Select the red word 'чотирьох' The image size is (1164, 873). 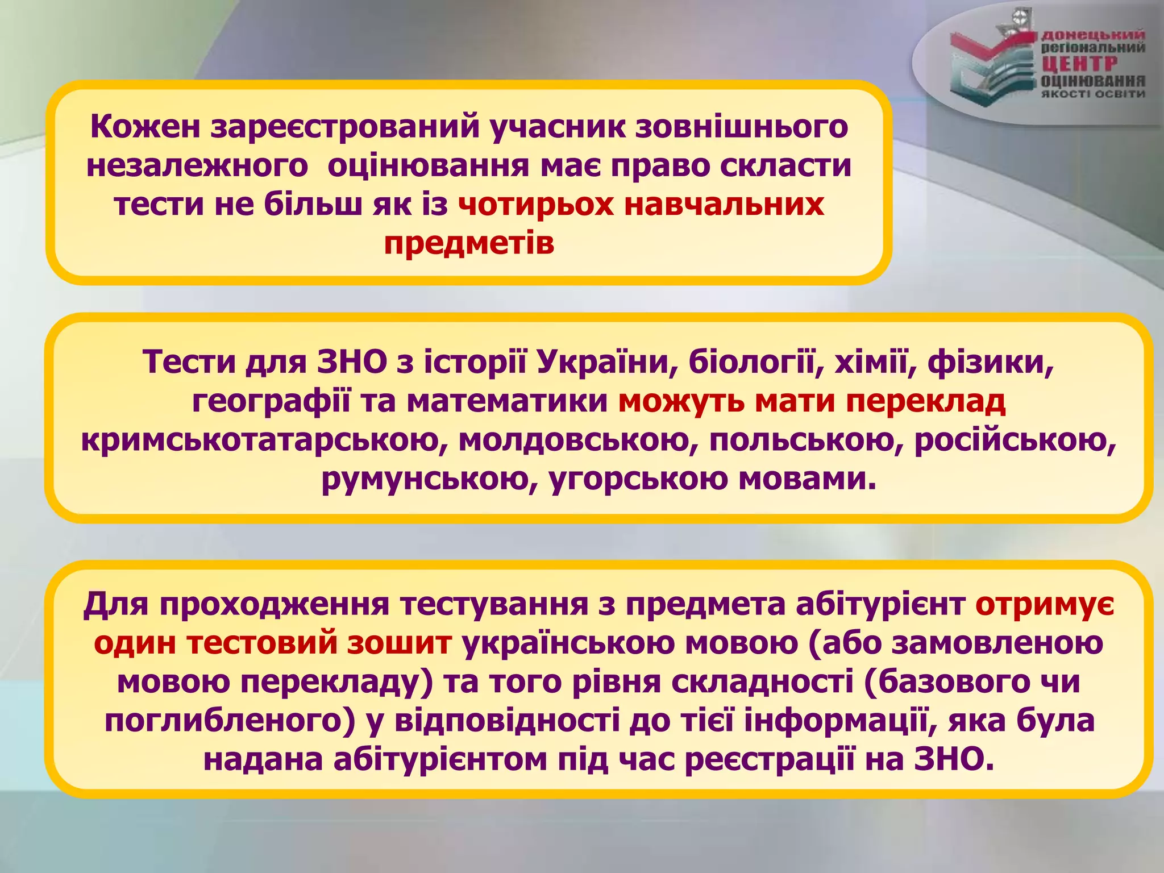tap(535, 205)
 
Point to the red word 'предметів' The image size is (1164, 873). tap(469, 244)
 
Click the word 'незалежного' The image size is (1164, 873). tap(197, 167)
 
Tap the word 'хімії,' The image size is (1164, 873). tap(875, 362)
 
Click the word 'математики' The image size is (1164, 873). tap(508, 401)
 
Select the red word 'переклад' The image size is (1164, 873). tap(926, 401)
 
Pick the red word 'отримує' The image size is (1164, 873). tap(1045, 604)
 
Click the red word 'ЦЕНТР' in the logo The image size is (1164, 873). tap(1079, 64)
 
